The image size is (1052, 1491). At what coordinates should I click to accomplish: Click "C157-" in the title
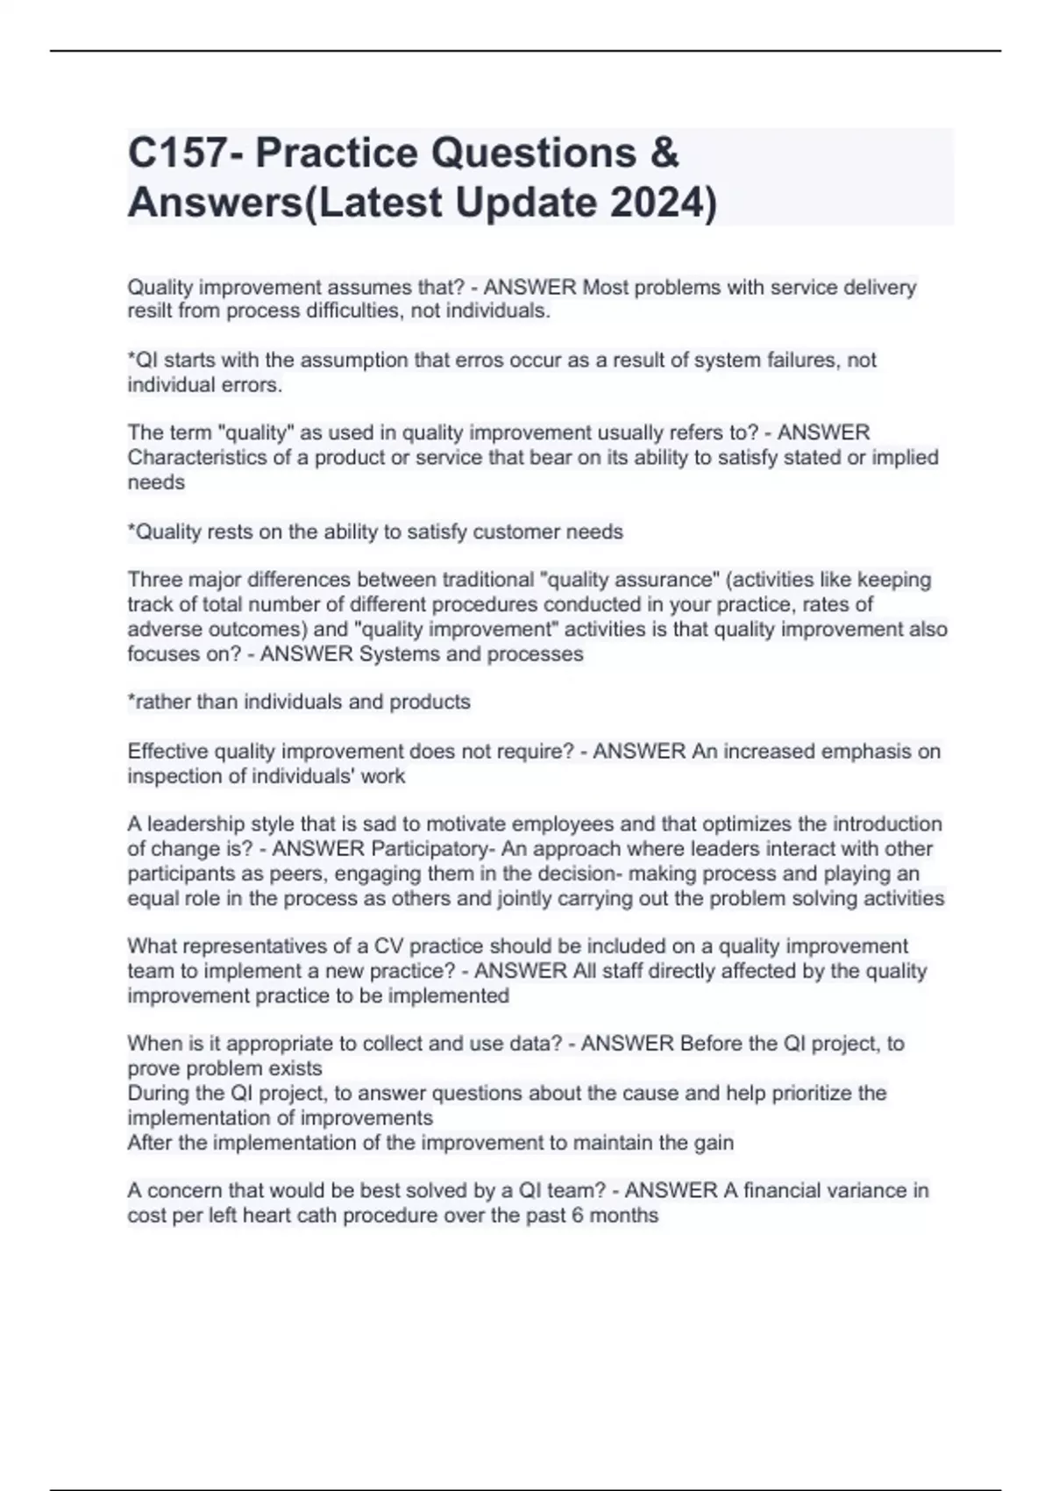[186, 153]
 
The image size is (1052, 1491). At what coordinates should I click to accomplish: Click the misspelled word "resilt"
[151, 311]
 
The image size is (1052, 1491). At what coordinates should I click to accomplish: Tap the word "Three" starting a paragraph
[154, 580]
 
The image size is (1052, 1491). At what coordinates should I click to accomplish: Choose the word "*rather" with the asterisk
[157, 702]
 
